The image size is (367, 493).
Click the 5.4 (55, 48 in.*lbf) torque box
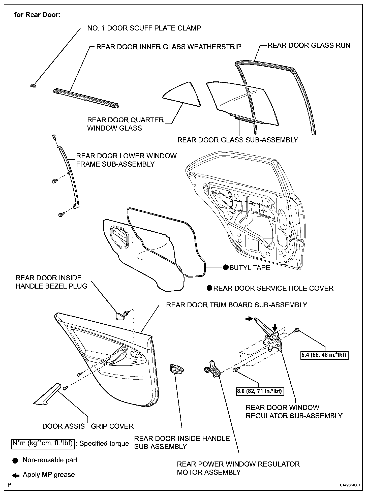click(324, 355)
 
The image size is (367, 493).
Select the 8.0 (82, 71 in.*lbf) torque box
click(260, 391)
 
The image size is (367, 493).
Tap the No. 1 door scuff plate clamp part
click(32, 85)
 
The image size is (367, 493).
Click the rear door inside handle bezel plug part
click(119, 316)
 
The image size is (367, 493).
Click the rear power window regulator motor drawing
click(212, 369)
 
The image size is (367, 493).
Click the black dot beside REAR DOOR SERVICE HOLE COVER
click(209, 288)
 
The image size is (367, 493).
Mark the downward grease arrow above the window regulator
click(275, 327)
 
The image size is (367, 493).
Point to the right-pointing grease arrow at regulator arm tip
click(249, 319)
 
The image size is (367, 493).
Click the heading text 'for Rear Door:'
click(37, 15)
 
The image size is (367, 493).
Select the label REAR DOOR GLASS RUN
click(309, 45)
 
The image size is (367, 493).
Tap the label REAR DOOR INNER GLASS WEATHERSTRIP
click(169, 47)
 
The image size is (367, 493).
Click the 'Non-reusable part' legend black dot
click(15, 460)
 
